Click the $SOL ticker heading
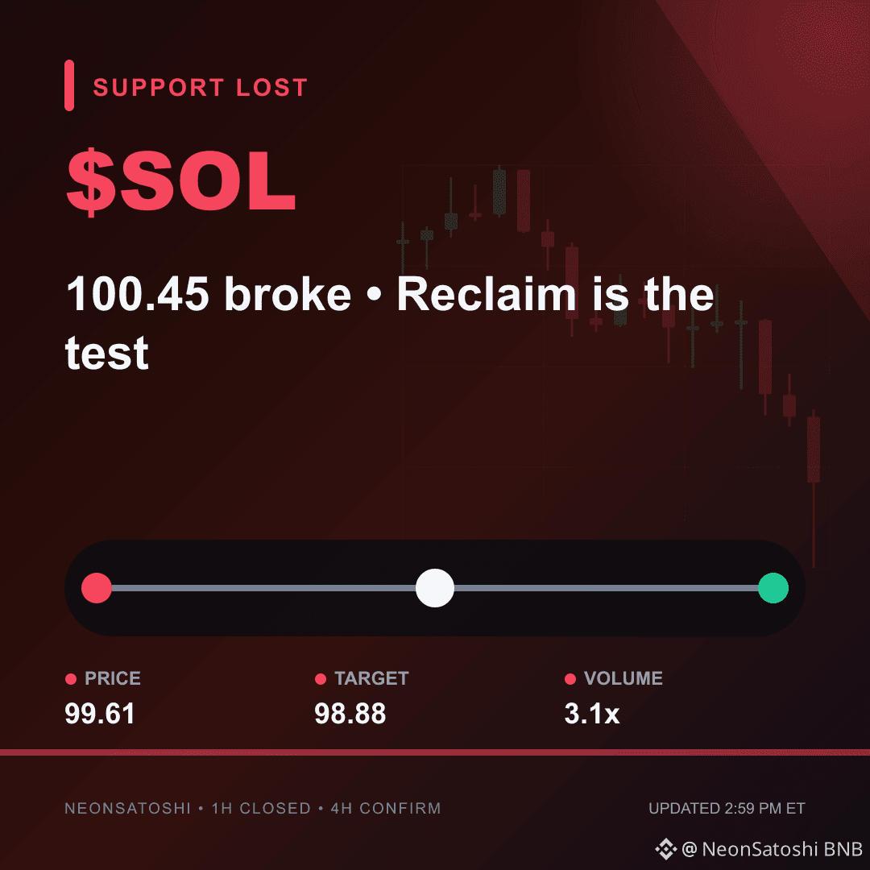coord(181,181)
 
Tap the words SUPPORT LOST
coord(201,87)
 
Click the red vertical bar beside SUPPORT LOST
coord(69,85)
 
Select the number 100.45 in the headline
coord(138,293)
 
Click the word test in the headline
coord(107,352)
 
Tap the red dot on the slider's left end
coord(97,588)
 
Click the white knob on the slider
coord(435,588)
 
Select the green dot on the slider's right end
coord(773,588)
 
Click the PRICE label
coord(113,678)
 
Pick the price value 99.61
coord(100,714)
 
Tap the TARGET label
coord(371,678)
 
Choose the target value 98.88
coord(350,714)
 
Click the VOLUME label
coord(623,678)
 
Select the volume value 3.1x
coord(592,714)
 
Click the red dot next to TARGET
coord(320,679)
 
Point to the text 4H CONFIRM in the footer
coord(386,809)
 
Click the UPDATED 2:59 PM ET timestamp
coord(727,809)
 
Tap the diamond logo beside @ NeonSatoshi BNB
coord(666,849)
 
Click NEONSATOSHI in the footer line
coord(127,809)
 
